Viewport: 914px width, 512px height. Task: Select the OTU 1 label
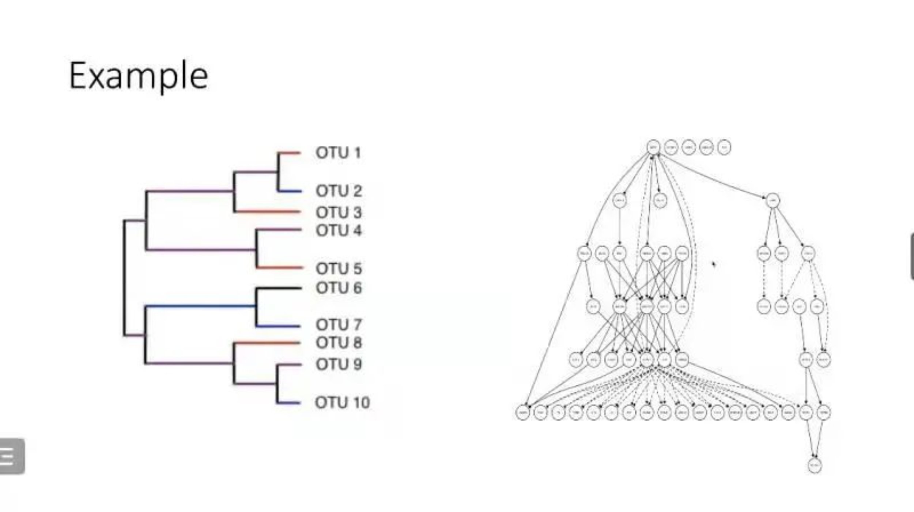click(x=338, y=153)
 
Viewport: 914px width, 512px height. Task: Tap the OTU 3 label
click(x=339, y=212)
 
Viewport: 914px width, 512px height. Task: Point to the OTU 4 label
click(x=339, y=231)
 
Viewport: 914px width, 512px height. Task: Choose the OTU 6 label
click(x=339, y=288)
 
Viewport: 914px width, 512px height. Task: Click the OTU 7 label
click(x=339, y=324)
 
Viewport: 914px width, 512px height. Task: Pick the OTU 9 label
click(x=339, y=364)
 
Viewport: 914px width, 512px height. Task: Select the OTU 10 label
click(x=342, y=403)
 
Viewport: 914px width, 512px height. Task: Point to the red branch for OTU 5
click(x=280, y=268)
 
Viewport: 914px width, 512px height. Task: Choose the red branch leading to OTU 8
click(x=267, y=343)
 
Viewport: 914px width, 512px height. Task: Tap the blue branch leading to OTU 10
click(x=289, y=403)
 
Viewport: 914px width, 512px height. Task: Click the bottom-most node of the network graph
click(x=815, y=466)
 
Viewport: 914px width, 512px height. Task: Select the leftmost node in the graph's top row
click(x=653, y=147)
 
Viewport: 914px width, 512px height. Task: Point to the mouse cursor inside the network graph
click(x=713, y=264)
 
